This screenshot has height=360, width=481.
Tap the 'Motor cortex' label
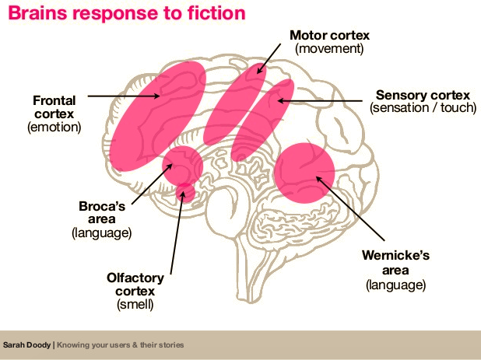click(x=329, y=36)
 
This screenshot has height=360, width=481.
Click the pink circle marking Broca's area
click(x=183, y=164)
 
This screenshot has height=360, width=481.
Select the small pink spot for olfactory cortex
click(x=185, y=190)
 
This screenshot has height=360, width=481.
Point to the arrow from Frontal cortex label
click(x=125, y=96)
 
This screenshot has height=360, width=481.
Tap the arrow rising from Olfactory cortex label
click(x=177, y=225)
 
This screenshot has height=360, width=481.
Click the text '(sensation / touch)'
click(x=423, y=108)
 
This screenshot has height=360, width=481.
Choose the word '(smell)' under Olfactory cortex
click(x=136, y=304)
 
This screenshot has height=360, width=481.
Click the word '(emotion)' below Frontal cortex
click(x=54, y=126)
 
